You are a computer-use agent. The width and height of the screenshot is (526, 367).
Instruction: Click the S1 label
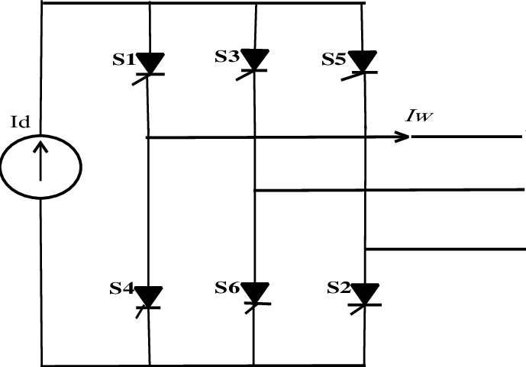[x=124, y=60]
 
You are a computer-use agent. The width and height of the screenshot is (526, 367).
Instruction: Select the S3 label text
[x=227, y=56]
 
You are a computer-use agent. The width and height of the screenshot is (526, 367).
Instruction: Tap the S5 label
[x=334, y=59]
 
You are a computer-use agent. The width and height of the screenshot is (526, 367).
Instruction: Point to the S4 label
[x=121, y=288]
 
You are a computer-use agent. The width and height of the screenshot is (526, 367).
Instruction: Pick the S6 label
[x=227, y=287]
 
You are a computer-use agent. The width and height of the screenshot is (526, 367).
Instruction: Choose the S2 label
[x=339, y=287]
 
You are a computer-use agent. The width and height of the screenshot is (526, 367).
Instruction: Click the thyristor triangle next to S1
[x=150, y=63]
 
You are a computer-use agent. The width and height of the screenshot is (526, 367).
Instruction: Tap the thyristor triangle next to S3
[x=255, y=60]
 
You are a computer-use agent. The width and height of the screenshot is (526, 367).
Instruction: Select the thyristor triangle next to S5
[x=363, y=61]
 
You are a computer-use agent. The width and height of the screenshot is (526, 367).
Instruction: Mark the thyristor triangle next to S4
[x=149, y=296]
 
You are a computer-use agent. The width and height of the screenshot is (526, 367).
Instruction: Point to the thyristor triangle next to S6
[x=255, y=293]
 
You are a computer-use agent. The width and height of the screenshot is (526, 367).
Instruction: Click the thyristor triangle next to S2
[x=365, y=294]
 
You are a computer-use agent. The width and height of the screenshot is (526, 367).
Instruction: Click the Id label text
[x=21, y=122]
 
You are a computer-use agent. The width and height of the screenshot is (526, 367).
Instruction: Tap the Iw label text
[x=419, y=116]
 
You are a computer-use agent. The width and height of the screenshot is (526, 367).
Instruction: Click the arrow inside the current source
[x=40, y=161]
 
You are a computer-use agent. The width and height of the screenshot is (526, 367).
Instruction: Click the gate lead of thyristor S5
[x=352, y=76]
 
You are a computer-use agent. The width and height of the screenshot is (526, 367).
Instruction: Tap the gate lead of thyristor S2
[x=357, y=310]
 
